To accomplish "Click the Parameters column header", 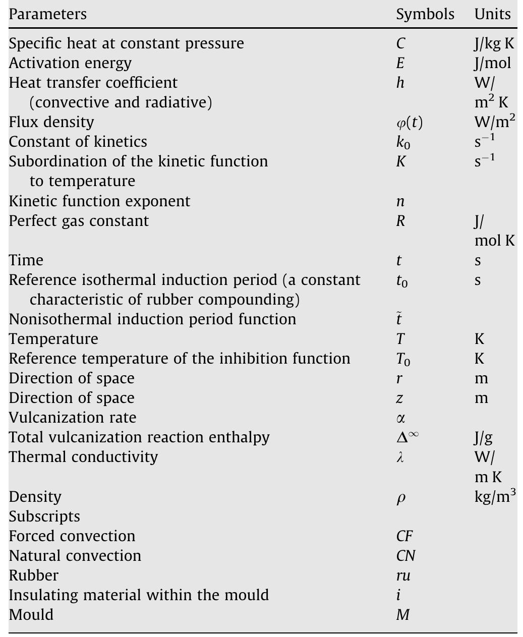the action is [x=48, y=14].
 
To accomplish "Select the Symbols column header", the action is [x=425, y=14].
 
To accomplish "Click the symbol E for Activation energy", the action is [x=400, y=63].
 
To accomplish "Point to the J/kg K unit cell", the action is [x=494, y=43].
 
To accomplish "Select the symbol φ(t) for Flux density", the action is [x=410, y=123].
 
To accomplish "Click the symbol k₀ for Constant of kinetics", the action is [x=403, y=143].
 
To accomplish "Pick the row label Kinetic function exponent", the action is [x=99, y=201].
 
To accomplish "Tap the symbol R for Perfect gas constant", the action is [x=400, y=221].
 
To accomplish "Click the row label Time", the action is [x=26, y=260].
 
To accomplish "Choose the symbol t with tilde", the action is [x=399, y=319].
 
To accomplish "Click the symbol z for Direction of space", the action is [x=399, y=398].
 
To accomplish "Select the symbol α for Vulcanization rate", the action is [x=400, y=418].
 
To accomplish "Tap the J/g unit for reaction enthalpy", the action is [x=483, y=437].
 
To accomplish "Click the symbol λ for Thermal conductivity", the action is [x=400, y=457].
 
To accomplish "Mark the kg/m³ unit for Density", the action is [x=495, y=496].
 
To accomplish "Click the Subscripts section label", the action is [x=44, y=516].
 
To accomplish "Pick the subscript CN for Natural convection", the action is [x=405, y=556].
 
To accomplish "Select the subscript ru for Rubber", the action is [x=403, y=575].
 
